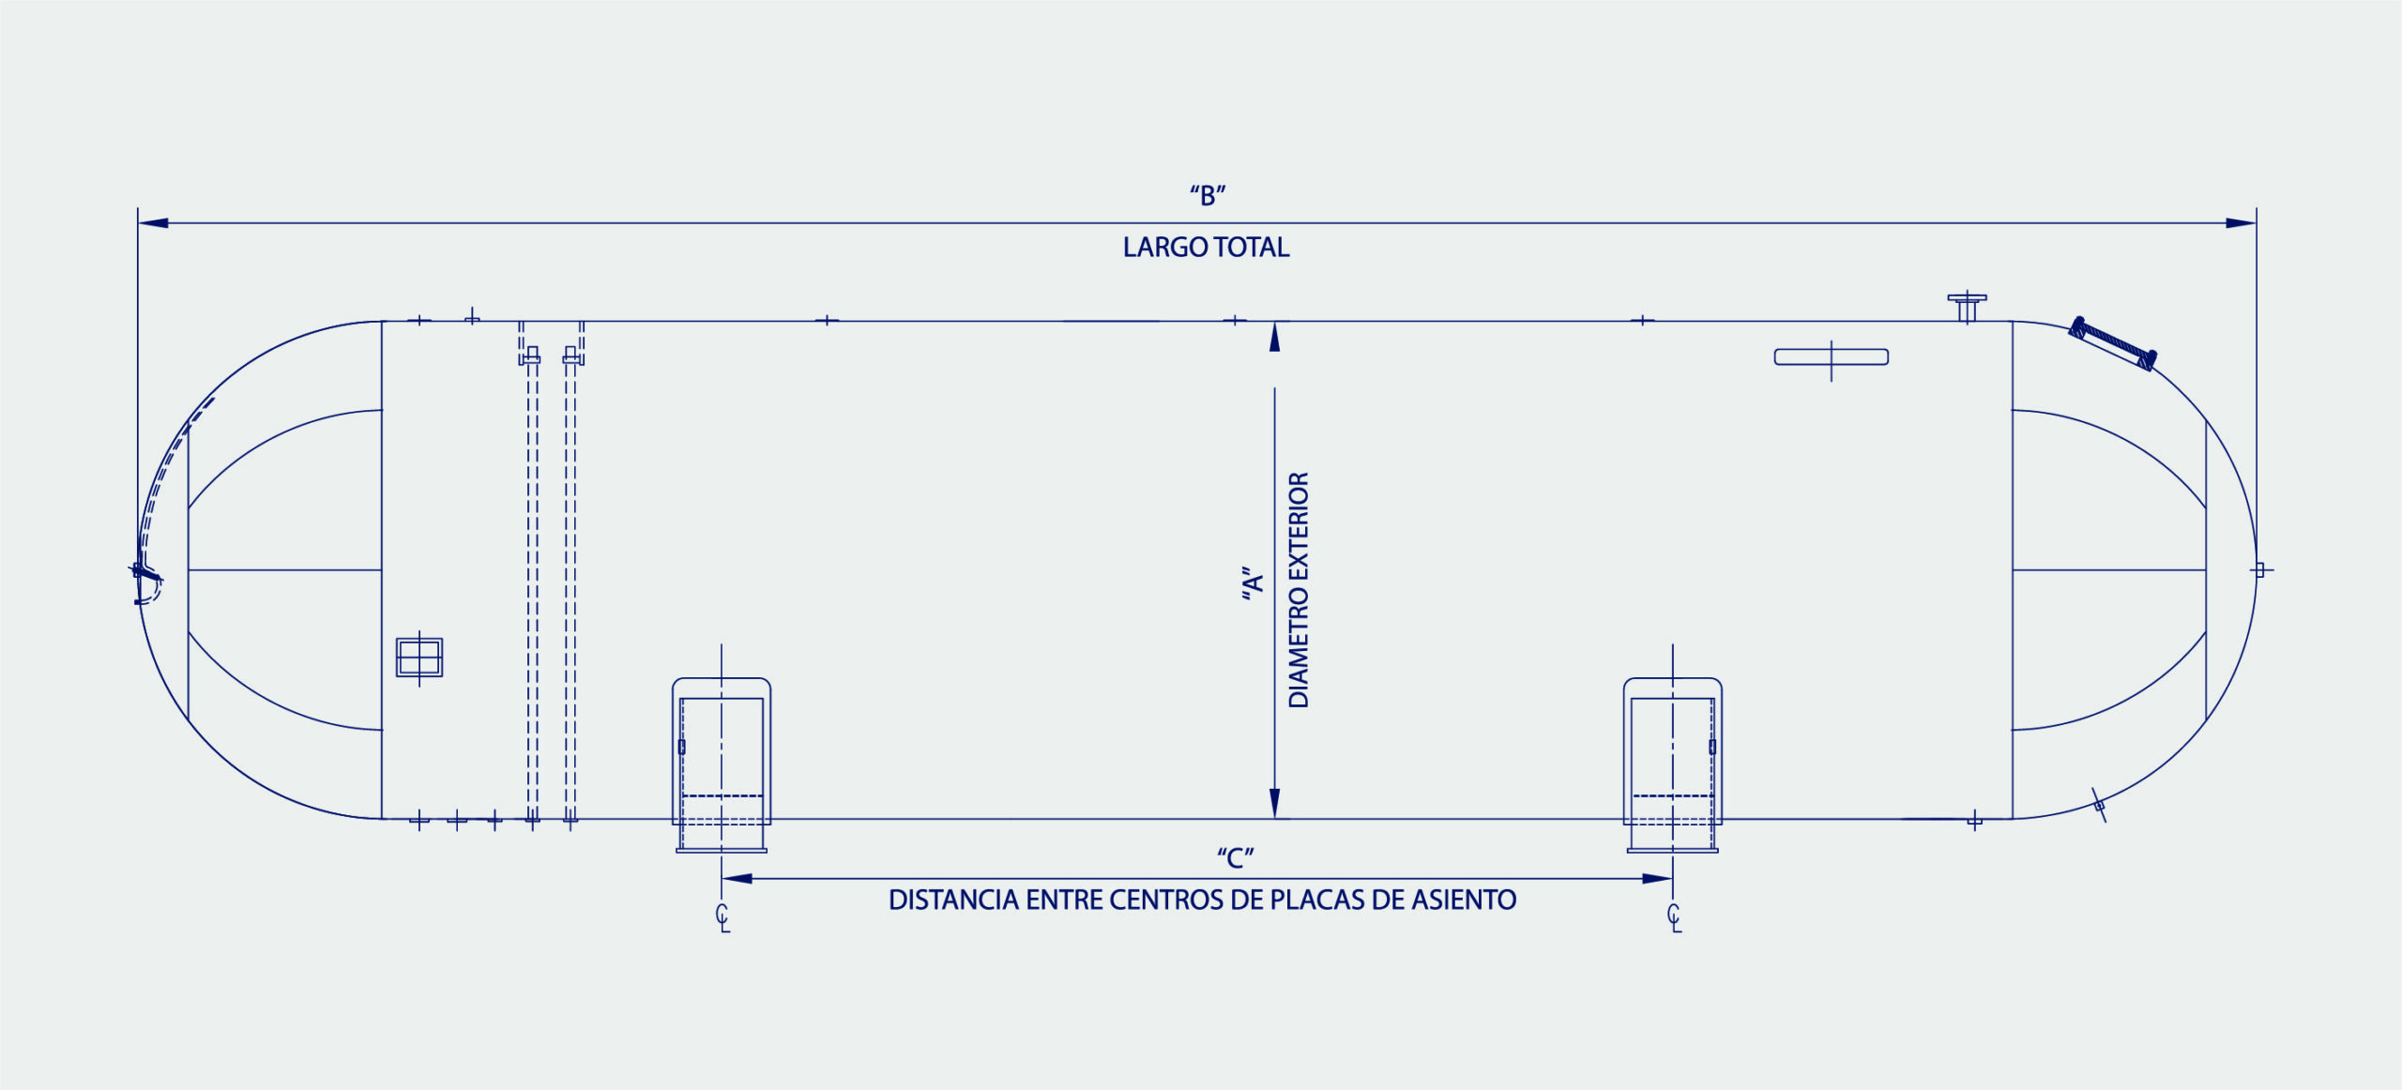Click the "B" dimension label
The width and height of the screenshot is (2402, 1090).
pyautogui.click(x=1208, y=196)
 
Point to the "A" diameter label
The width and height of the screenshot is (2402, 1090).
pyautogui.click(x=1253, y=583)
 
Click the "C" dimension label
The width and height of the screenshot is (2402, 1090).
pyautogui.click(x=1235, y=857)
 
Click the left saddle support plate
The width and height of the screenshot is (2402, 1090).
pyautogui.click(x=722, y=765)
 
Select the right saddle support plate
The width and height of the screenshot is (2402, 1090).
pyautogui.click(x=1673, y=765)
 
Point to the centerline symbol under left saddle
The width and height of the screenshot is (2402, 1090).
pyautogui.click(x=722, y=918)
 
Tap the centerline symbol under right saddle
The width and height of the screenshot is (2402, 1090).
pyautogui.click(x=1674, y=918)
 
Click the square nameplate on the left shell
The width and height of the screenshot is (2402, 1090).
pyautogui.click(x=419, y=657)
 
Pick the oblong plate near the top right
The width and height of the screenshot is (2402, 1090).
pyautogui.click(x=1832, y=356)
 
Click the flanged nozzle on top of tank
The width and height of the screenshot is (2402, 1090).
pyautogui.click(x=1968, y=308)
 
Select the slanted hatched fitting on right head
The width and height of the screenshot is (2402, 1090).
pyautogui.click(x=2113, y=343)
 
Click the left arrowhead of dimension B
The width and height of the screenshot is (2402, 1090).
pyautogui.click(x=154, y=223)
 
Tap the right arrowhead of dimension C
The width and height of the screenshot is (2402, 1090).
pyautogui.click(x=1658, y=879)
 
